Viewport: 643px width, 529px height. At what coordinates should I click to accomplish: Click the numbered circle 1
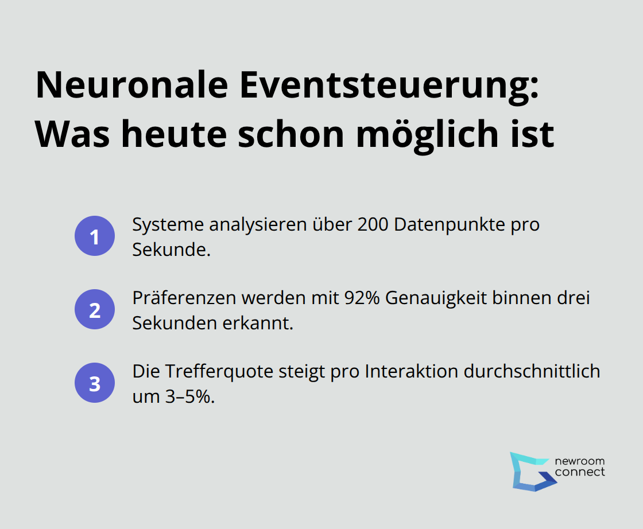(x=94, y=236)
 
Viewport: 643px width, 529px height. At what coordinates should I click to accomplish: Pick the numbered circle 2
(x=94, y=310)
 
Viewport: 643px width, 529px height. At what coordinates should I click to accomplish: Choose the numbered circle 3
(x=94, y=383)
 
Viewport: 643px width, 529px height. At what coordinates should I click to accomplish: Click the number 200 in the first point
(x=373, y=225)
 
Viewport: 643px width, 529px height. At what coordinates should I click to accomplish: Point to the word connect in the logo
(x=580, y=472)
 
